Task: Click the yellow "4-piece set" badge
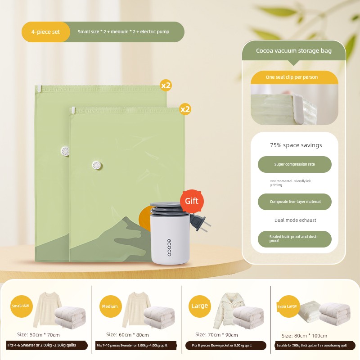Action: pyautogui.click(x=46, y=32)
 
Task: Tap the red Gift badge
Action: pyautogui.click(x=192, y=201)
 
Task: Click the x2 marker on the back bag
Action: pyautogui.click(x=166, y=85)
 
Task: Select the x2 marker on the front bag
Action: pyautogui.click(x=185, y=109)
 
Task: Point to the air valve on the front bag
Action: pyautogui.click(x=97, y=165)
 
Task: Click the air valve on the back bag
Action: pyautogui.click(x=65, y=151)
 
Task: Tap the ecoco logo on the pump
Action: pyautogui.click(x=169, y=247)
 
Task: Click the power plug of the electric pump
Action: pyautogui.click(x=199, y=222)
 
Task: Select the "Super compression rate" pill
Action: pyautogui.click(x=295, y=164)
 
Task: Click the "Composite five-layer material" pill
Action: pyautogui.click(x=295, y=202)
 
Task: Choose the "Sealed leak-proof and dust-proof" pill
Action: pyautogui.click(x=295, y=239)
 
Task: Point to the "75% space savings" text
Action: pyautogui.click(x=296, y=145)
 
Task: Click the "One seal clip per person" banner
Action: pyautogui.click(x=294, y=77)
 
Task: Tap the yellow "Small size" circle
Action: pyautogui.click(x=21, y=306)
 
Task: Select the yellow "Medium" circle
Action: pyautogui.click(x=110, y=306)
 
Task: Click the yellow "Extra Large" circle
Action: pyautogui.click(x=288, y=306)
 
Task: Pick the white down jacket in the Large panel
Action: pyautogui.click(x=227, y=310)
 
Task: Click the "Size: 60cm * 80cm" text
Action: pyautogui.click(x=127, y=335)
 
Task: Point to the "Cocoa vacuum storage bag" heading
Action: pyautogui.click(x=294, y=51)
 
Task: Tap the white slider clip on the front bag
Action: pyautogui.click(x=73, y=110)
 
